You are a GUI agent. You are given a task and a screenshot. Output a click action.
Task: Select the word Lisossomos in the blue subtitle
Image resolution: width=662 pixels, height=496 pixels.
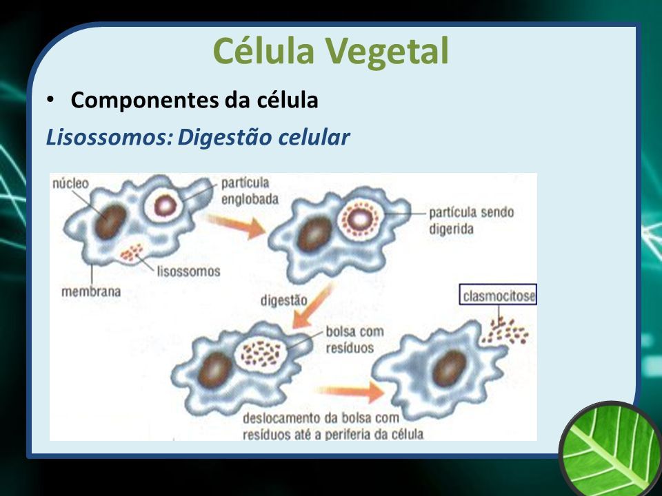click(110, 137)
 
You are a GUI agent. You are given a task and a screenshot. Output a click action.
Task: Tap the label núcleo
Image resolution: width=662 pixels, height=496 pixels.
click(70, 183)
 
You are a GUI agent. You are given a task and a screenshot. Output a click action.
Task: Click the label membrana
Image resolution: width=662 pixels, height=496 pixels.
click(91, 291)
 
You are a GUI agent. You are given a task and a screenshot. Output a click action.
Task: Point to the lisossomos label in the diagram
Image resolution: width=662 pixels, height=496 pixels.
click(189, 271)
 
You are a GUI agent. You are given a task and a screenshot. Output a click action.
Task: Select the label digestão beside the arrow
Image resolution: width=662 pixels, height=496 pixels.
click(283, 300)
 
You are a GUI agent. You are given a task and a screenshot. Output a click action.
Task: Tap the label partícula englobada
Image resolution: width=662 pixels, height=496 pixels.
click(250, 191)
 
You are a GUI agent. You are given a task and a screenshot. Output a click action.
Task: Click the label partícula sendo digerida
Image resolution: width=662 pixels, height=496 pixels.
click(471, 220)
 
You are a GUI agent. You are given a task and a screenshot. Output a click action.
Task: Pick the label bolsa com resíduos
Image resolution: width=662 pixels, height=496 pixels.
click(354, 340)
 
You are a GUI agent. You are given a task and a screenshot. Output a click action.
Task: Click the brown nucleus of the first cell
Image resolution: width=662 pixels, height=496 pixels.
click(110, 221)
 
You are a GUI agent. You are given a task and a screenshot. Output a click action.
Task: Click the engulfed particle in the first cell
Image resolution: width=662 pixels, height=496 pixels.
click(165, 206)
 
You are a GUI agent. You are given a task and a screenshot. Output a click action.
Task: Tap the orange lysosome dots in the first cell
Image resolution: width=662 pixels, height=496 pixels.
click(131, 252)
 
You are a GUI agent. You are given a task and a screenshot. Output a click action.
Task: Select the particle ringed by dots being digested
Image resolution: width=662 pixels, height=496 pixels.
click(360, 219)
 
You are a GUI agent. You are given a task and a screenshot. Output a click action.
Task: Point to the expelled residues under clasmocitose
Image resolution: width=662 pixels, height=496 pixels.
click(505, 331)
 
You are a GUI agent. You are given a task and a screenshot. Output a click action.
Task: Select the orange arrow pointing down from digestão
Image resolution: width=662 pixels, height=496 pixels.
click(312, 306)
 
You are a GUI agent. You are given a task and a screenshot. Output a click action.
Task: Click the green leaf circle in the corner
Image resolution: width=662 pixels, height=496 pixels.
click(612, 448)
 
